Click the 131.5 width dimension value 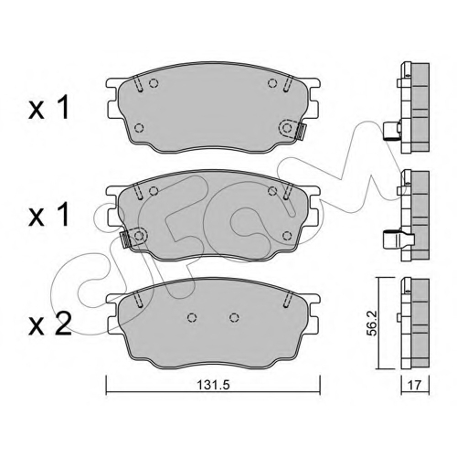tap(213, 385)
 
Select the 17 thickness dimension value tap(415, 386)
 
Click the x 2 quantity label tap(50, 324)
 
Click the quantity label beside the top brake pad tap(48, 108)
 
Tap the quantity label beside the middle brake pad tap(48, 216)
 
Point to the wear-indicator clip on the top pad tap(300, 132)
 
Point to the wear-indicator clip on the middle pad tap(125, 239)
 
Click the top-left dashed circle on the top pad tap(154, 83)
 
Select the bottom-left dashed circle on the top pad tap(139, 128)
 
